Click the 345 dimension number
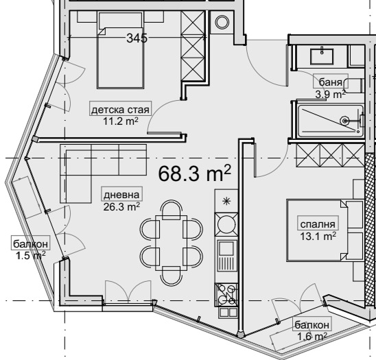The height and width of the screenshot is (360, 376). click(x=137, y=38)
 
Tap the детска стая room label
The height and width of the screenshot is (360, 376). click(x=120, y=110)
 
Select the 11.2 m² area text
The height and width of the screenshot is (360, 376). click(x=121, y=121)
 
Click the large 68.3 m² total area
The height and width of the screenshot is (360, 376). click(x=194, y=173)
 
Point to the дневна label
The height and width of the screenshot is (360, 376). click(x=121, y=195)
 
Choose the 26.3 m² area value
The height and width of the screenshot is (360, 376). click(x=121, y=206)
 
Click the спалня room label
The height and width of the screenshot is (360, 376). click(x=318, y=224)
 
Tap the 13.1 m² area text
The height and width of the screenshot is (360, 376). click(x=318, y=236)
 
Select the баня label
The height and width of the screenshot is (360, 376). click(x=331, y=82)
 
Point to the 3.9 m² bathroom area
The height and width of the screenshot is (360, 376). click(x=331, y=94)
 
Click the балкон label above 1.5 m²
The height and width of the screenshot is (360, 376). click(x=31, y=243)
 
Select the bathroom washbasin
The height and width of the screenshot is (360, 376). click(x=322, y=57)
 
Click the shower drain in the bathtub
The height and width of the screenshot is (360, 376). click(x=345, y=121)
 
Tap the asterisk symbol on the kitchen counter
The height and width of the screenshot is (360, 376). click(x=226, y=202)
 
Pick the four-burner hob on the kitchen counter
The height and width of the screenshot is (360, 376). click(x=226, y=296)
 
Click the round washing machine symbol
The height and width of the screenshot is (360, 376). click(x=222, y=23)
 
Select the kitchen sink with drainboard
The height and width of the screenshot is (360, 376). click(x=226, y=256)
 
